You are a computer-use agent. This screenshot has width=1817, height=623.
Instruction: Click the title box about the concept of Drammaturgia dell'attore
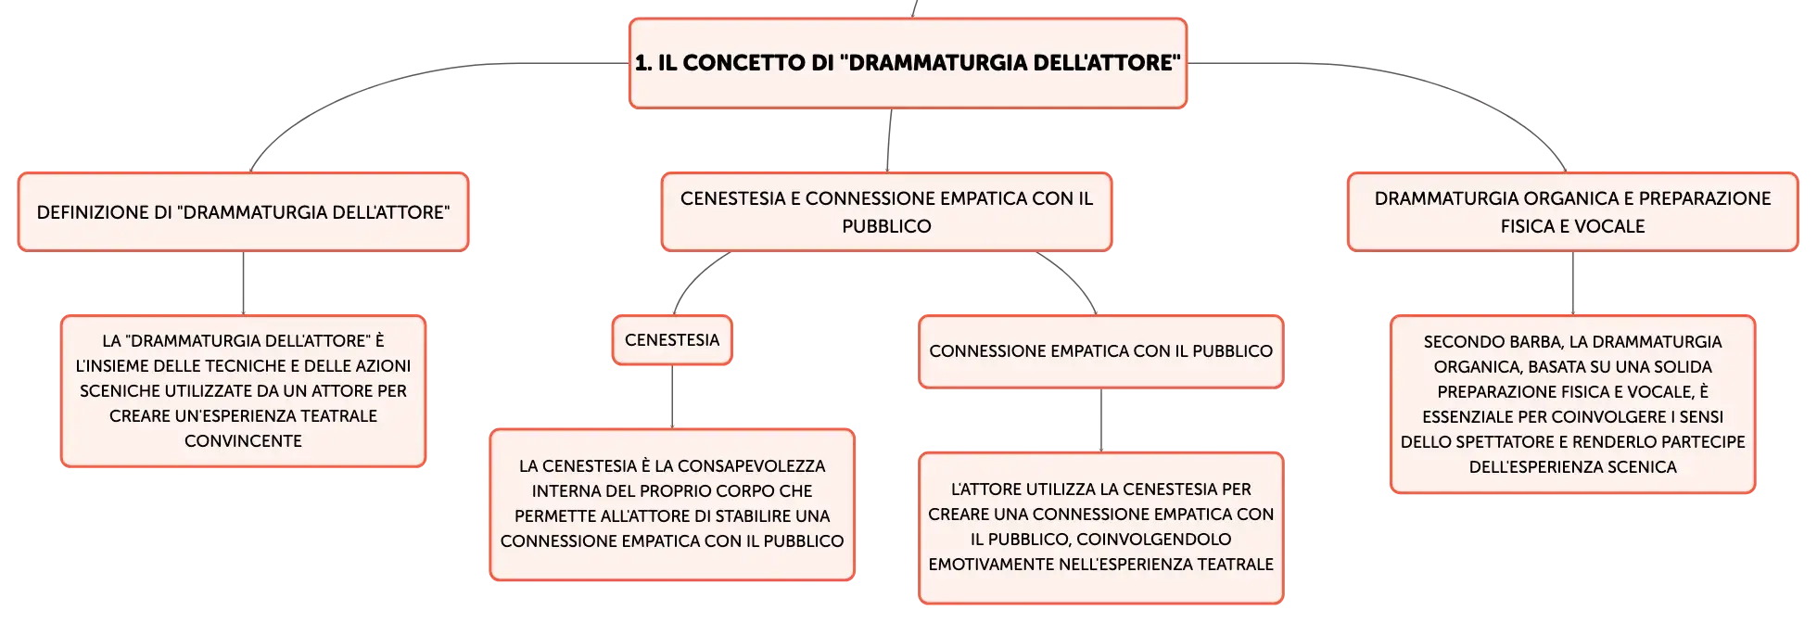pyautogui.click(x=908, y=63)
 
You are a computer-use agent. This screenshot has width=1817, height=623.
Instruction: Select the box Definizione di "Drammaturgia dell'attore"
pyautogui.click(x=243, y=211)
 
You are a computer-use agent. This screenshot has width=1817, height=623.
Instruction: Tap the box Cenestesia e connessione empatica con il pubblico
pyautogui.click(x=886, y=211)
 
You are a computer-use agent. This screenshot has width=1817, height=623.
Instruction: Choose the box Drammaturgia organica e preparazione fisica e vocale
pyautogui.click(x=1572, y=211)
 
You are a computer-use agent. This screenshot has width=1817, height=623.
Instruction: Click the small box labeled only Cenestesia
pyautogui.click(x=672, y=340)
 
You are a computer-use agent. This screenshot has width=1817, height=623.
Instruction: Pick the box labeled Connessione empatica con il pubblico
pyautogui.click(x=1100, y=351)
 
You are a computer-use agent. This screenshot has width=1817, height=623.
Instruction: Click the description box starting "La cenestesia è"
pyautogui.click(x=672, y=504)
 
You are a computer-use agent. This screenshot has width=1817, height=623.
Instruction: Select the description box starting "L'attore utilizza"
pyautogui.click(x=1100, y=528)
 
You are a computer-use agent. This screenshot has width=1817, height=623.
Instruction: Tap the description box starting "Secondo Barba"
pyautogui.click(x=1572, y=404)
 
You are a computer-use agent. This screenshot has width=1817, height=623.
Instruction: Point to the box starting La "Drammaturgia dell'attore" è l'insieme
pyautogui.click(x=243, y=391)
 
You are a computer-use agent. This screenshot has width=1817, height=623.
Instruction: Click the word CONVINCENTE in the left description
pyautogui.click(x=243, y=441)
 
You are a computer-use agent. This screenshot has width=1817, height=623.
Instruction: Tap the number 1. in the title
pyautogui.click(x=643, y=63)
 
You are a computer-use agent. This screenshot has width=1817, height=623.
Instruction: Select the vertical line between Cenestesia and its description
pyautogui.click(x=672, y=397)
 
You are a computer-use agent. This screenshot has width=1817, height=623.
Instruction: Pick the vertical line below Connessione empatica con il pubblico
pyautogui.click(x=1101, y=420)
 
